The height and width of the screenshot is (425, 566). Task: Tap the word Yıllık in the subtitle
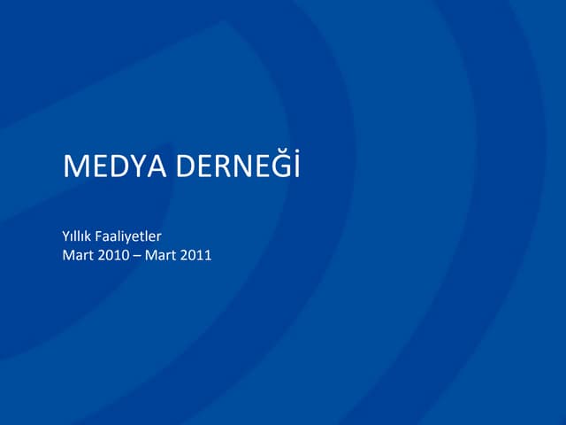(x=77, y=237)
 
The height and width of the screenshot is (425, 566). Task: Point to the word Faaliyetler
(x=131, y=237)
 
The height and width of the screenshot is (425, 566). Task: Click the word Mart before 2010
(x=78, y=257)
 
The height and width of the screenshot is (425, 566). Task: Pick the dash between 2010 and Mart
(x=143, y=257)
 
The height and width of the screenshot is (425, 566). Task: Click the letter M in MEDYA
(x=74, y=166)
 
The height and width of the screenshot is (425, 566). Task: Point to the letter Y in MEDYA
(x=134, y=166)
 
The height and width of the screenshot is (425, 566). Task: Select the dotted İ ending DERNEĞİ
(x=297, y=166)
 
